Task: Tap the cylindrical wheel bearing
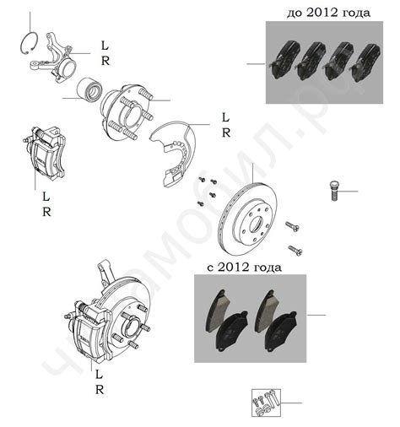coord(86,90)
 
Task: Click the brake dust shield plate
coord(174,148)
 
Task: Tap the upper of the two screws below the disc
coord(291,227)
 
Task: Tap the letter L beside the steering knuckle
coord(104,46)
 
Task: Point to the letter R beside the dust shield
coord(224,133)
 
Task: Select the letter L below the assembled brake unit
coord(100,373)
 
